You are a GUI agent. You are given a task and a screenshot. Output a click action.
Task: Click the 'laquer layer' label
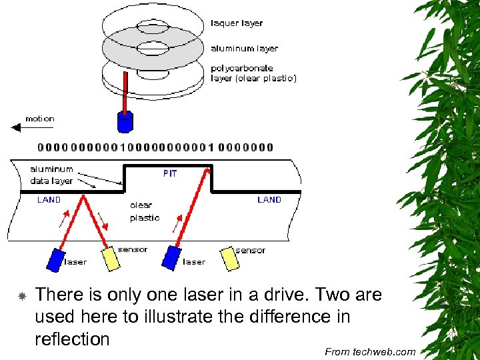(x=237, y=23)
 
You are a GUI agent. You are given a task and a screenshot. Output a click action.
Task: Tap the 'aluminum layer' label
(x=244, y=49)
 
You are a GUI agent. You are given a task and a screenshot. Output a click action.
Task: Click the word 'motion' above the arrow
(x=40, y=119)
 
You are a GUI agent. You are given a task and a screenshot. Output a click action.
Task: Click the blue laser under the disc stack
(x=125, y=121)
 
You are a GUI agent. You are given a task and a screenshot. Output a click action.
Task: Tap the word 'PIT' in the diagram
(x=170, y=173)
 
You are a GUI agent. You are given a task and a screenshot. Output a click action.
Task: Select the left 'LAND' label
(x=49, y=200)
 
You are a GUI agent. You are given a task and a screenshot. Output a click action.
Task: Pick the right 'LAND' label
(x=269, y=200)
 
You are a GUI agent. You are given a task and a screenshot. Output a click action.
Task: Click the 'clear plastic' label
(x=145, y=211)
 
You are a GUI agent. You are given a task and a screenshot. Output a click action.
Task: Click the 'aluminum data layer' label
(x=51, y=175)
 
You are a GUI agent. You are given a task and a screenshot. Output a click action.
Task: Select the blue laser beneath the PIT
(x=172, y=257)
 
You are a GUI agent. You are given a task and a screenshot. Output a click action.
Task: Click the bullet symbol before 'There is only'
(x=21, y=295)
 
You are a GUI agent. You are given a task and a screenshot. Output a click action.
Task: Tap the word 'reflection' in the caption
(x=72, y=339)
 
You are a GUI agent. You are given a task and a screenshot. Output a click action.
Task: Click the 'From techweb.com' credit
(x=370, y=352)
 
